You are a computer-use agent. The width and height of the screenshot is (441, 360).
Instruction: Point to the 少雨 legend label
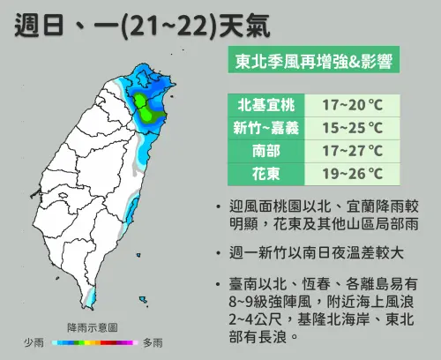pos(34,341)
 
